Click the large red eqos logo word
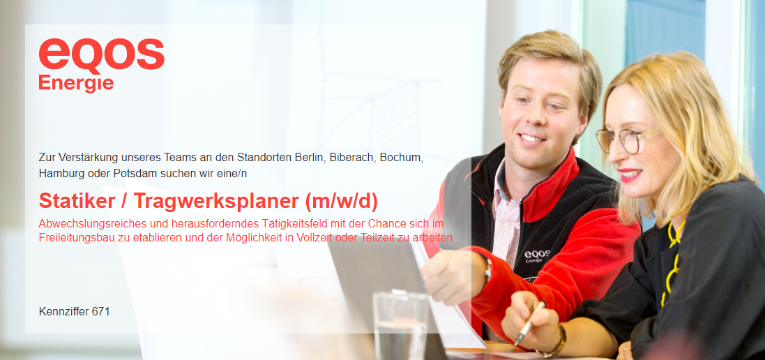pos(102,54)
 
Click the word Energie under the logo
pos(76,83)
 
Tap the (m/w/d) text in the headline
pos(342,202)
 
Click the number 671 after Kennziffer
pos(100,311)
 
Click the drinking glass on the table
pos(400,325)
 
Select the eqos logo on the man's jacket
pos(537,256)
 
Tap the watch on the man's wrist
pos(487,270)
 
